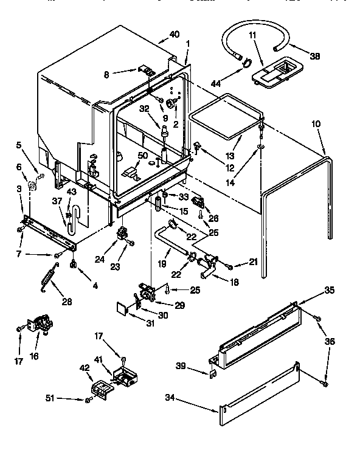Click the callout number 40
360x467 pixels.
(175, 35)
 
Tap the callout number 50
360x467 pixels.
(142, 156)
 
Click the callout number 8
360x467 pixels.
(106, 75)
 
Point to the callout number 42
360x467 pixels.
(85, 367)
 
